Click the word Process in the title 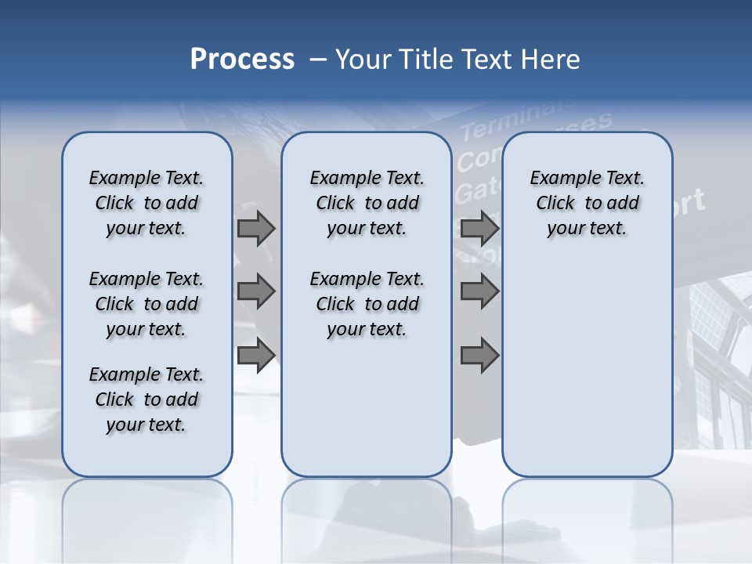click(242, 60)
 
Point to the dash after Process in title click(317, 60)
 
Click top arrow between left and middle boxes click(256, 229)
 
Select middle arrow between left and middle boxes click(256, 291)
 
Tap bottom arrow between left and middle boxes click(256, 355)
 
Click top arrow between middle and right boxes click(479, 229)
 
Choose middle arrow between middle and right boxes click(479, 291)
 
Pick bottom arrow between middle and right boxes click(479, 355)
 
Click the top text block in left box click(146, 203)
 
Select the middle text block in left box click(146, 304)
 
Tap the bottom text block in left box click(146, 399)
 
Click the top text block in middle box click(367, 203)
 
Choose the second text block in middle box click(367, 304)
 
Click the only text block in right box click(587, 203)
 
